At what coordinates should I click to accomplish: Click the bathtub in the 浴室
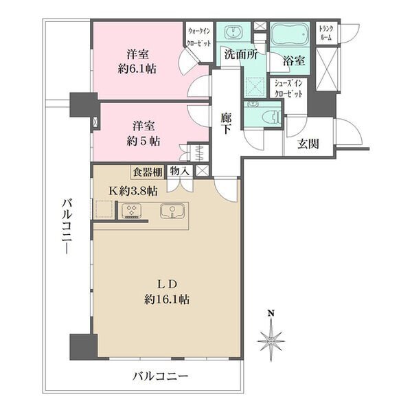coord(290,35)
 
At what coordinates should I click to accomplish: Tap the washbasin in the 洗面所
coord(233,32)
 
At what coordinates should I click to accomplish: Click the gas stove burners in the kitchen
coord(131,211)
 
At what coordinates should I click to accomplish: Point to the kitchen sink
coord(172,211)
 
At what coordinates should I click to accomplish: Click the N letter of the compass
coord(271,313)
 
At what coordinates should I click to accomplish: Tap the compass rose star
coord(271,341)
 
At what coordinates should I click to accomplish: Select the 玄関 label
coord(308,144)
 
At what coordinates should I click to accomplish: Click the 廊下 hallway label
coord(226,123)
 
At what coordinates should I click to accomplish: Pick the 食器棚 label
coord(148,172)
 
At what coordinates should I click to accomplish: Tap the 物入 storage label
coord(180,172)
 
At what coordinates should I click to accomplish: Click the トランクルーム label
coord(325,33)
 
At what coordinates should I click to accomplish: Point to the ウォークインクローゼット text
coord(199,37)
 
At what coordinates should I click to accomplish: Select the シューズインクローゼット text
coord(288,89)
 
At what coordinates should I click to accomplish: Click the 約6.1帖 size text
coord(137,69)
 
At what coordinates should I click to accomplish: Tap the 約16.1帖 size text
coord(167,299)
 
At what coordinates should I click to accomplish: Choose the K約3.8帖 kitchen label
coord(133,191)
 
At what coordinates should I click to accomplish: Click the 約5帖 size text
coord(144,141)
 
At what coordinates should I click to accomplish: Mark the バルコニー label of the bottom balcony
coord(160,376)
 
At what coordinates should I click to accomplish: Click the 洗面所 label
coord(241,54)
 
